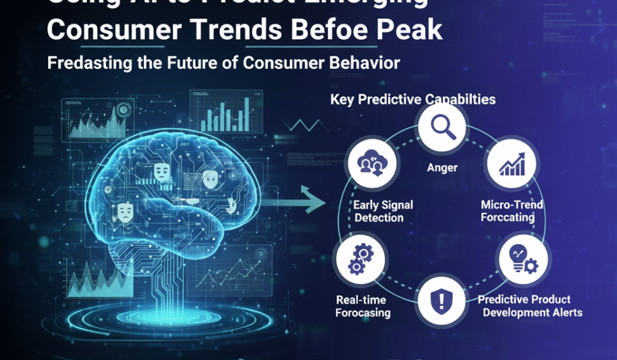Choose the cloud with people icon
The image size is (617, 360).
370,163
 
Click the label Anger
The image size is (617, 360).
443,168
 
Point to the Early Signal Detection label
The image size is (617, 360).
383,212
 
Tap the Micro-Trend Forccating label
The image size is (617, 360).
512,211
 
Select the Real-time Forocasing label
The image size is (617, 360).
363,306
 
